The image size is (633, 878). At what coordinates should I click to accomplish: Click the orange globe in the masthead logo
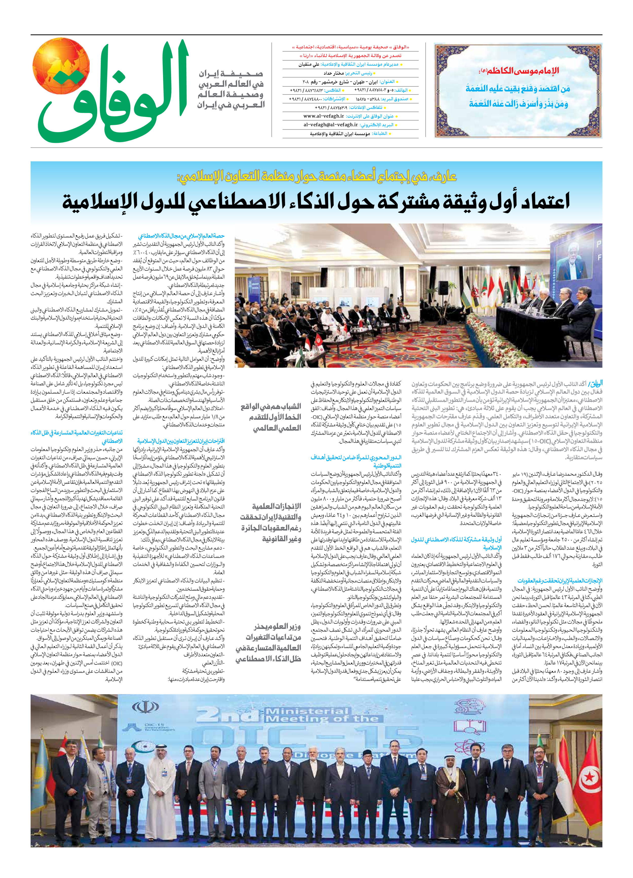(x=61, y=66)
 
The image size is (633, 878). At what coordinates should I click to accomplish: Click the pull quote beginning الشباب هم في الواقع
(x=271, y=417)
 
